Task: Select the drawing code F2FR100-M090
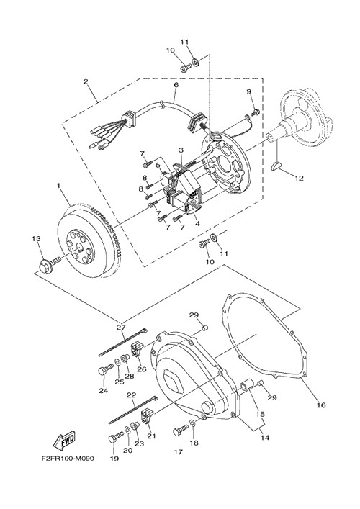pyautogui.click(x=68, y=459)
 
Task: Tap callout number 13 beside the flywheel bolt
pyautogui.click(x=36, y=238)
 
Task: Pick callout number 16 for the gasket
pyautogui.click(x=321, y=405)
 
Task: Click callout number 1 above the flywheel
pyautogui.click(x=59, y=185)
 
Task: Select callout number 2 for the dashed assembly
pyautogui.click(x=86, y=81)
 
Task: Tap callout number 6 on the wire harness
pyautogui.click(x=176, y=85)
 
